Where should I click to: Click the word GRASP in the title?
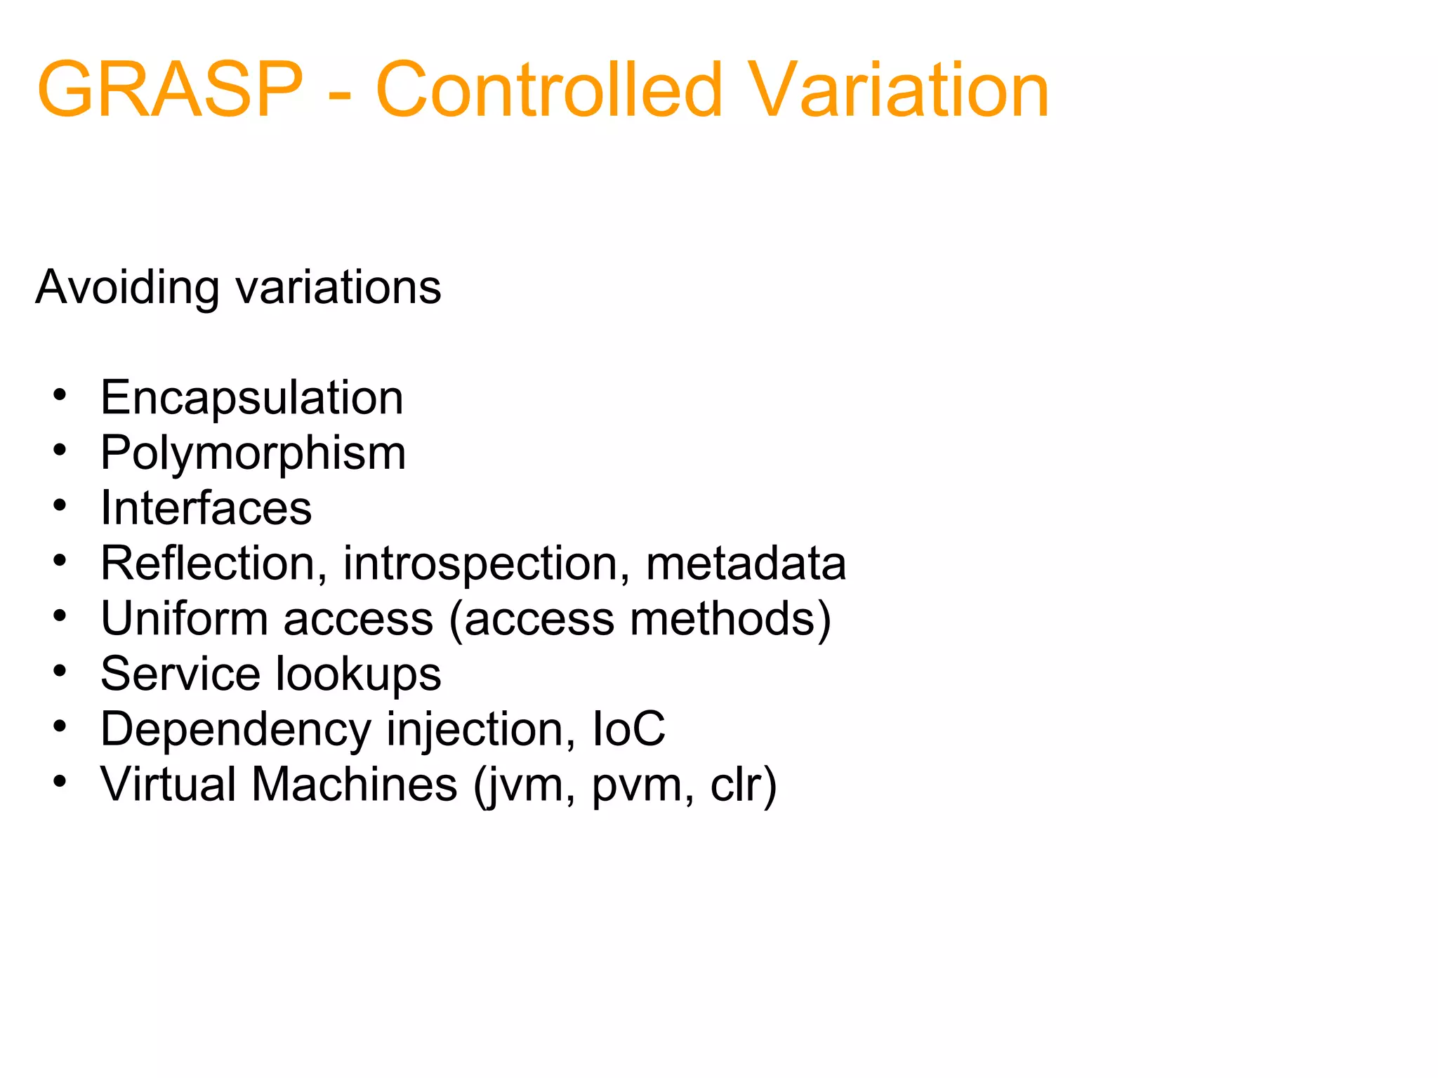[170, 90]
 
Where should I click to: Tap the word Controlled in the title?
[549, 90]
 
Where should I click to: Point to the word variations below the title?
[338, 288]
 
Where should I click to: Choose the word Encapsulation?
[252, 398]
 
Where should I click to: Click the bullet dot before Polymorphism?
[60, 450]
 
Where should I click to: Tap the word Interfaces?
[206, 508]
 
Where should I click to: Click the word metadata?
[746, 564]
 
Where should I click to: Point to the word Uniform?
[184, 619]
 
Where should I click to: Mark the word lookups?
[359, 674]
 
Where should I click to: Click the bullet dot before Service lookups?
[60, 671]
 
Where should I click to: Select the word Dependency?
[236, 730]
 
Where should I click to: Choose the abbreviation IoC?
[628, 728]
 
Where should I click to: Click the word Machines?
[355, 784]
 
